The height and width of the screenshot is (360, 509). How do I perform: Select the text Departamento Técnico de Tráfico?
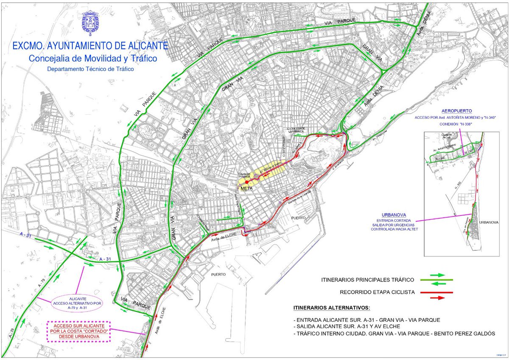click(x=90, y=69)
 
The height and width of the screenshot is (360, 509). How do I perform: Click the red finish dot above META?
click(x=247, y=182)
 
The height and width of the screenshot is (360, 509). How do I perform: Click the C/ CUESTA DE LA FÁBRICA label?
click(x=295, y=130)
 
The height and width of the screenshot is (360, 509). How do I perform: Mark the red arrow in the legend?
click(x=437, y=298)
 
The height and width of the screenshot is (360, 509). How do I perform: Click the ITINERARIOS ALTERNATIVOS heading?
click(x=331, y=307)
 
